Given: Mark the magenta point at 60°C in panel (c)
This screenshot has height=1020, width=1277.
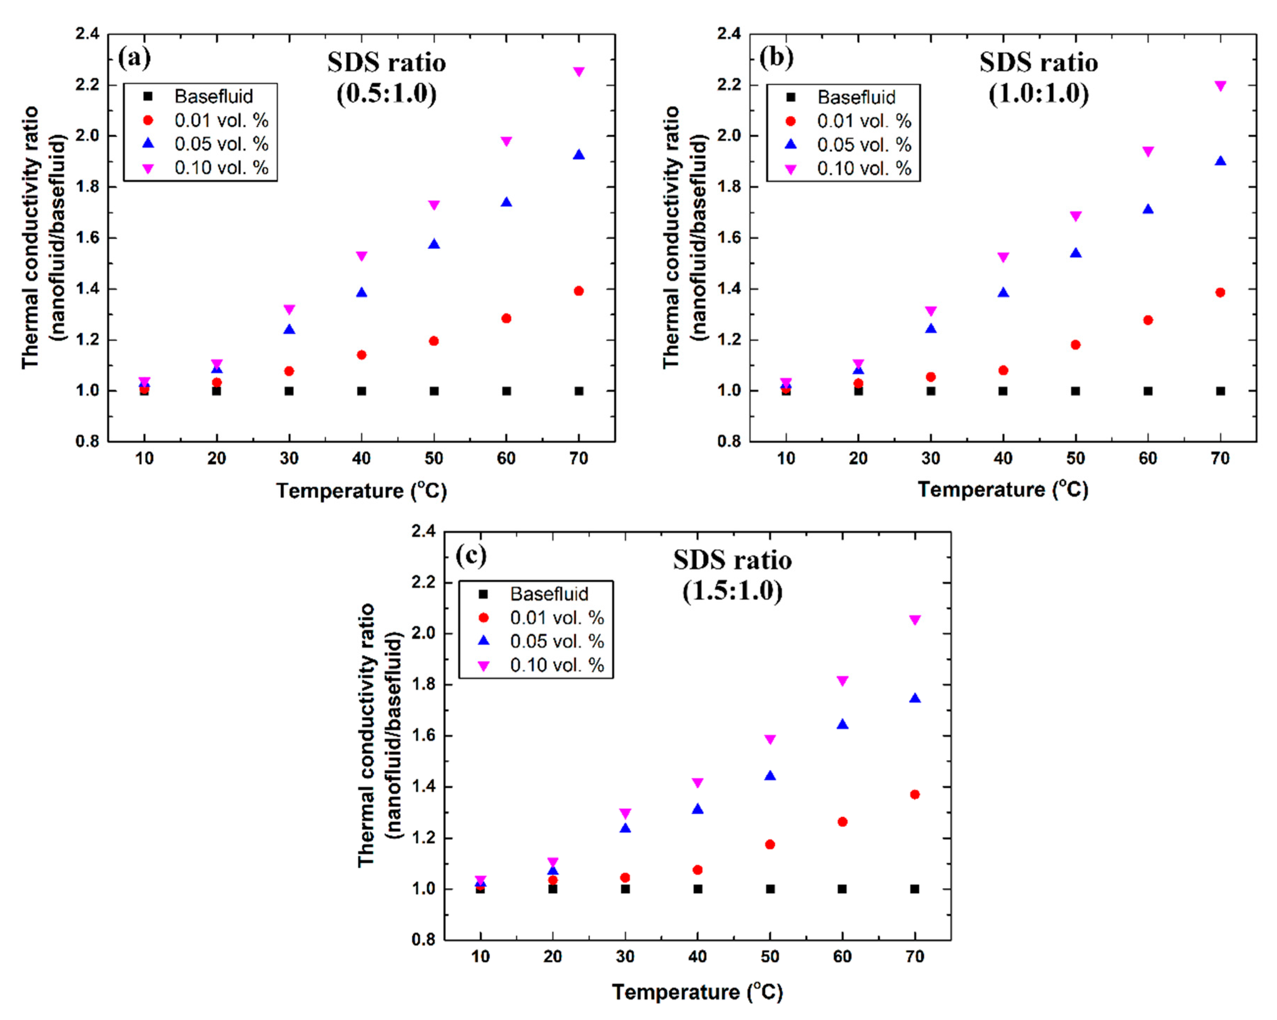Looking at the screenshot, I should click(x=842, y=681).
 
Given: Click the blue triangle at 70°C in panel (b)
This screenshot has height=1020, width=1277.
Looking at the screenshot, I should click(x=1220, y=160).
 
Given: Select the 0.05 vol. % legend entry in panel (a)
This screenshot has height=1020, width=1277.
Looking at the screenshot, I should click(x=220, y=144).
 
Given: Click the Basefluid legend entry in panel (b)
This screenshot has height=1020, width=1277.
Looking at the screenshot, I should click(x=856, y=97).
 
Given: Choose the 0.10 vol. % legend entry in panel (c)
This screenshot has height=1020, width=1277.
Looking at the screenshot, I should click(x=556, y=665).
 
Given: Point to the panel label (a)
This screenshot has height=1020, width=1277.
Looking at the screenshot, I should click(x=134, y=57).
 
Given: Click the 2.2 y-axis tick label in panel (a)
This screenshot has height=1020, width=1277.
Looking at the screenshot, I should click(x=87, y=85).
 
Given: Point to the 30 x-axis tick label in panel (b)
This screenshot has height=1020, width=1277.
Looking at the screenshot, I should click(x=931, y=458).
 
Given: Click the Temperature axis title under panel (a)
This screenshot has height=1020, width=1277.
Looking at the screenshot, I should click(x=361, y=490).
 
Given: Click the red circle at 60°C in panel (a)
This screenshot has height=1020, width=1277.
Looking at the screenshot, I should click(x=506, y=318).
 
